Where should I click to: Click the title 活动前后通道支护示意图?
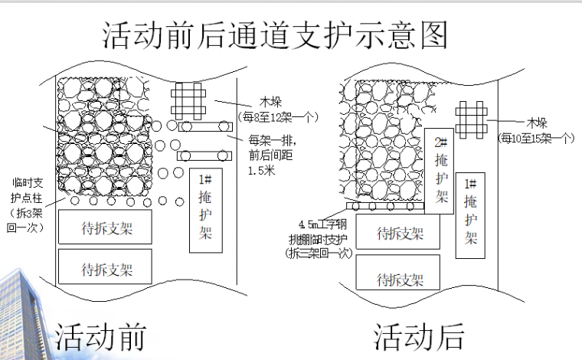click(x=275, y=35)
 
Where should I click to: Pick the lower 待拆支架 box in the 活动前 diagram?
click(x=106, y=268)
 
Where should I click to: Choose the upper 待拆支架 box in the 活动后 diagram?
click(x=400, y=234)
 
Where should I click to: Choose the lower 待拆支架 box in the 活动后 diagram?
click(x=400, y=277)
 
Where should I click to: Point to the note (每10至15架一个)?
click(x=536, y=138)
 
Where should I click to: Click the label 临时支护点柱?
click(x=27, y=189)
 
